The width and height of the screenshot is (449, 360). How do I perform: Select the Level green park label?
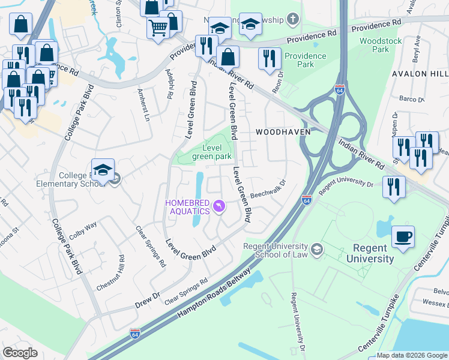click(211, 152)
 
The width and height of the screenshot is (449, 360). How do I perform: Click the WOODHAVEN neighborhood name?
click(277, 131)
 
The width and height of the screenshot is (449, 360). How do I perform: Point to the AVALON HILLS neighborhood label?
click(420, 74)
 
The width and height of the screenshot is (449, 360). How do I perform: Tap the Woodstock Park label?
click(380, 45)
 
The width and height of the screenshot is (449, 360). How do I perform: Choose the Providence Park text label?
click(306, 60)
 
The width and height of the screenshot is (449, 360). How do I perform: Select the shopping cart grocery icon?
click(158, 27)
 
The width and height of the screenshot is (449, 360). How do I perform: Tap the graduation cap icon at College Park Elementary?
click(103, 170)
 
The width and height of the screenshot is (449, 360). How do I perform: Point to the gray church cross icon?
click(293, 19)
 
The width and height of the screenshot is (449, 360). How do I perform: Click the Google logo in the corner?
click(20, 352)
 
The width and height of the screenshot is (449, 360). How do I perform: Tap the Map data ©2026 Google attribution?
click(412, 355)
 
